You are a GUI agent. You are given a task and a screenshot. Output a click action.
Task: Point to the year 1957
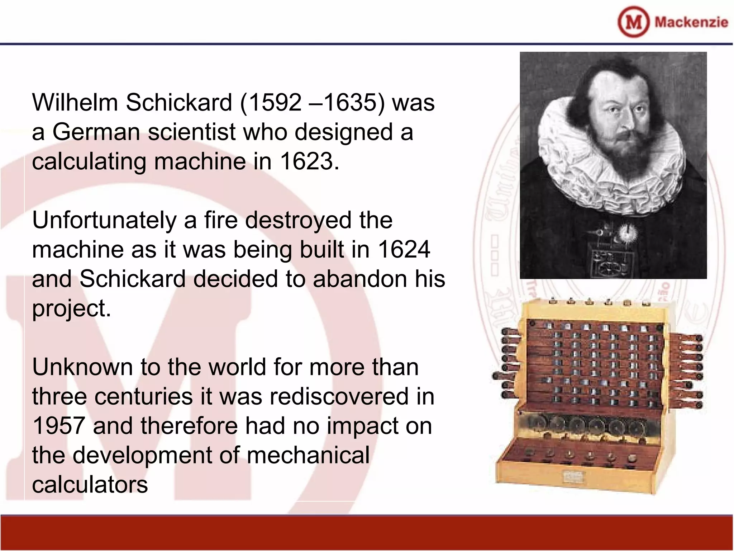(x=58, y=426)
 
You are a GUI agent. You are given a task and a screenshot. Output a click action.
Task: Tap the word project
(x=71, y=309)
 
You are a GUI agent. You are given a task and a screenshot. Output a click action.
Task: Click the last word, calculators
(x=90, y=485)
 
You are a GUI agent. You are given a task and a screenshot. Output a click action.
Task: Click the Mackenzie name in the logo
(x=691, y=22)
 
